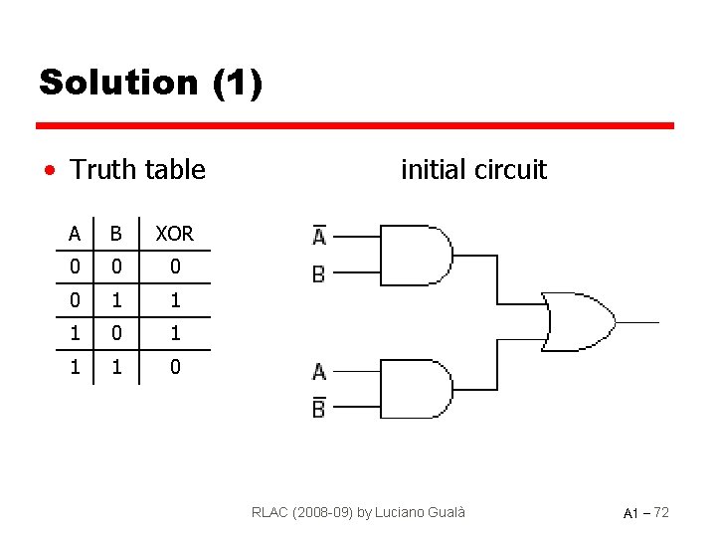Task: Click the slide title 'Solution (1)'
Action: (x=150, y=83)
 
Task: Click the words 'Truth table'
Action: (x=137, y=170)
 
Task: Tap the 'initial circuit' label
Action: (x=473, y=170)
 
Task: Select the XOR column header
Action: (x=175, y=235)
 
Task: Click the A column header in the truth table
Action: (x=75, y=235)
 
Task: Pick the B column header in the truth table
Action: (x=116, y=235)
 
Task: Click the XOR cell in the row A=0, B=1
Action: (x=175, y=300)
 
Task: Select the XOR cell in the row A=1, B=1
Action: (x=175, y=367)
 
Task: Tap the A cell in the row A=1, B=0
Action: (x=75, y=333)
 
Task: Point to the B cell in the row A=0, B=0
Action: (x=116, y=268)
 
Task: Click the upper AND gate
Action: (x=416, y=256)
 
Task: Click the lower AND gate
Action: (x=416, y=389)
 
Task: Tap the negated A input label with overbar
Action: (x=319, y=235)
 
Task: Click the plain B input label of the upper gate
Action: (x=319, y=273)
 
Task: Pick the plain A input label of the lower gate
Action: (x=319, y=371)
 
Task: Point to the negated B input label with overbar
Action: (x=319, y=406)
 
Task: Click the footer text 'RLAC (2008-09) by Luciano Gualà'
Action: (x=358, y=512)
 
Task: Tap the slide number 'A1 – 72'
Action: (x=645, y=512)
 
